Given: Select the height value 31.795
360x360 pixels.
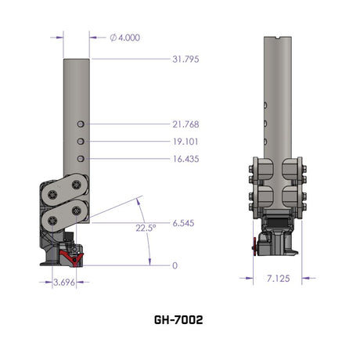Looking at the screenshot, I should (x=185, y=59).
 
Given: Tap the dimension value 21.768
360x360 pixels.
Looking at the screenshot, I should (x=185, y=124).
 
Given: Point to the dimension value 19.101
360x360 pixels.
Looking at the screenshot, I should (x=185, y=142).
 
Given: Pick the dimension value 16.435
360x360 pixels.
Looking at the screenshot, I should (x=185, y=159).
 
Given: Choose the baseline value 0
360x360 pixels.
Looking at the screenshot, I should (x=175, y=265).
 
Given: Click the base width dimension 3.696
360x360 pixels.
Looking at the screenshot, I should (x=59, y=282).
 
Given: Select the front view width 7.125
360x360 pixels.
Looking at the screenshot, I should (x=277, y=278).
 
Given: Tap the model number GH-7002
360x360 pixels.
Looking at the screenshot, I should (x=179, y=320).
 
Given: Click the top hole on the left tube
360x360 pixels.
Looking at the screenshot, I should (x=81, y=124).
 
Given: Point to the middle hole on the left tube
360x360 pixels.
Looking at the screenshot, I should (x=81, y=142).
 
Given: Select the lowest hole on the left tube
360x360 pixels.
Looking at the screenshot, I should (x=81, y=159).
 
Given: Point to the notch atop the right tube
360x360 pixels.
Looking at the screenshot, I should (x=278, y=37).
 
